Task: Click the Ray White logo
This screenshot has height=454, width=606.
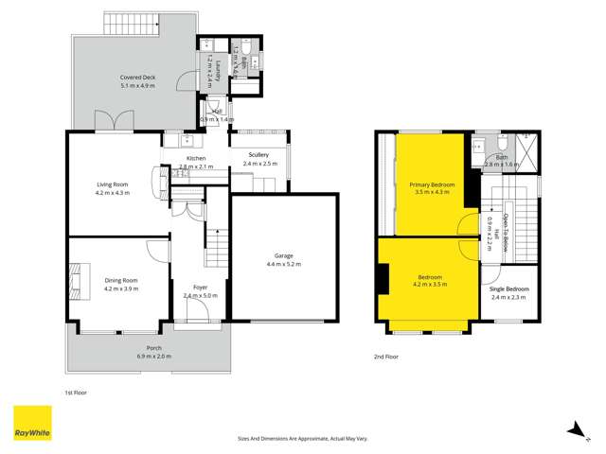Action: coord(32,424)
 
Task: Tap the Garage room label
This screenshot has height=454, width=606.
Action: coord(282,255)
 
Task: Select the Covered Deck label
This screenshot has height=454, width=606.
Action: coord(138,77)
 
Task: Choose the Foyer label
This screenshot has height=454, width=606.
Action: coord(201,288)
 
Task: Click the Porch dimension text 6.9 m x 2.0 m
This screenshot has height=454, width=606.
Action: coord(147,356)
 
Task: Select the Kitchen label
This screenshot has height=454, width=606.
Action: coord(196,158)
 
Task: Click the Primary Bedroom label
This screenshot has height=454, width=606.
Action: coord(431,183)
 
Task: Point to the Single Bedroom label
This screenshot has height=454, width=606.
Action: coord(510,288)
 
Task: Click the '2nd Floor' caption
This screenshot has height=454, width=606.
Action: coord(385,358)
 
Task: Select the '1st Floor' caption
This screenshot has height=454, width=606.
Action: coord(75,391)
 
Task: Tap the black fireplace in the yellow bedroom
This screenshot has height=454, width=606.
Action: coord(381,280)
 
